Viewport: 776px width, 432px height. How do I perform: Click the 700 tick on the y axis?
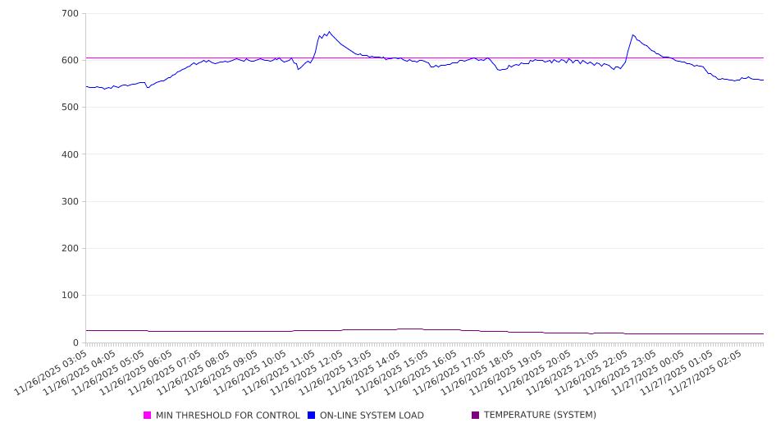[x=70, y=14]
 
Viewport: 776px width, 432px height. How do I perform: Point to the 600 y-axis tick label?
[x=70, y=61]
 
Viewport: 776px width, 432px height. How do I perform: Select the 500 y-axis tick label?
[x=70, y=108]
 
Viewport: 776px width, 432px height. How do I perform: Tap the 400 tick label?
[x=70, y=154]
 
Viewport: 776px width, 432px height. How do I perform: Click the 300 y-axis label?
[x=70, y=201]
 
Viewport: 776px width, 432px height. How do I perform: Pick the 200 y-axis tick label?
[x=70, y=249]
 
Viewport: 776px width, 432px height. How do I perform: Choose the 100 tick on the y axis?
[x=70, y=296]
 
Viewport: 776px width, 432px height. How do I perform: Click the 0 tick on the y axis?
[x=75, y=342]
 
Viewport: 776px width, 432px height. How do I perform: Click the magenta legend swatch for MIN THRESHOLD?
[x=148, y=416]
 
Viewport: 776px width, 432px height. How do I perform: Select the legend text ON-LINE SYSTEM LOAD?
[x=372, y=416]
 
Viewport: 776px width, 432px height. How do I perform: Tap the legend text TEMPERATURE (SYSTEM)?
[x=540, y=416]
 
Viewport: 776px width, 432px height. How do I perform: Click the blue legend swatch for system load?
[x=312, y=416]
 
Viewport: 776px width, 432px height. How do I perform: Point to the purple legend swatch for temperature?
[x=476, y=416]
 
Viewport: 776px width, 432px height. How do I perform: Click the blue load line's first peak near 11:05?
[x=329, y=32]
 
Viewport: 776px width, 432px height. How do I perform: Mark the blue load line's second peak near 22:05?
[x=632, y=34]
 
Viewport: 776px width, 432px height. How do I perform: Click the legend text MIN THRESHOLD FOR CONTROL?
[x=227, y=416]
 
